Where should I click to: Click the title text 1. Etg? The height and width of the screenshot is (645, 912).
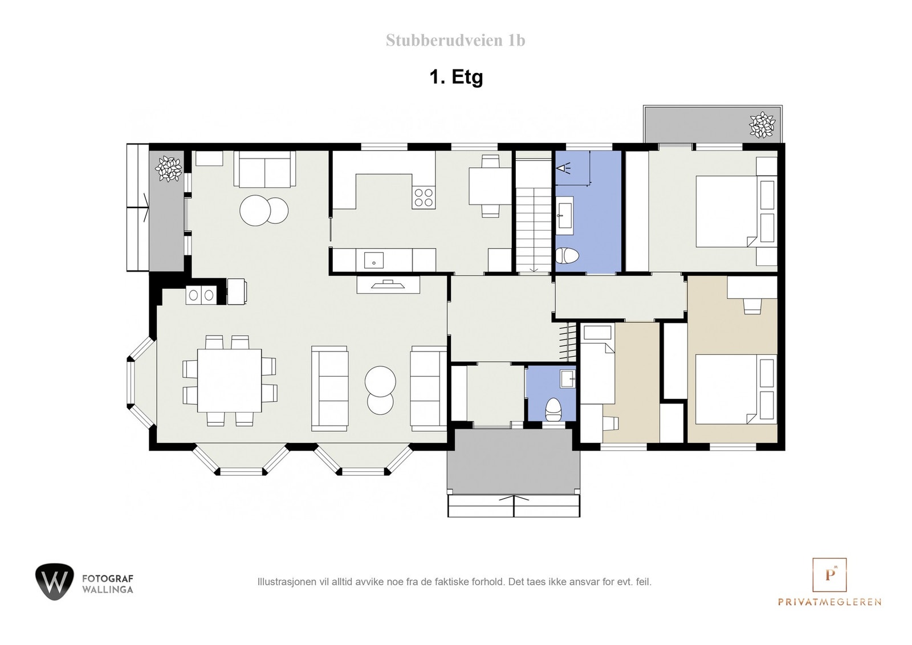[456, 76]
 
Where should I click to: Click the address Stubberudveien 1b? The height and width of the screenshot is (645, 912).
[455, 40]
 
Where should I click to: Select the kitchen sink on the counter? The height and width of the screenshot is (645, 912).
[374, 260]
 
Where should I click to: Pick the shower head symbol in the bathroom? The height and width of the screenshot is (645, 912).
[564, 168]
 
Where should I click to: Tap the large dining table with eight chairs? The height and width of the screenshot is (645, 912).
[229, 380]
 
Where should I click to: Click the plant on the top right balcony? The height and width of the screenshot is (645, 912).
[762, 125]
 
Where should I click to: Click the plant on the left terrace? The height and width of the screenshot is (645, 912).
[169, 169]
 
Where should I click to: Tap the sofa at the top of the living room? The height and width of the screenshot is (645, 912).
[264, 169]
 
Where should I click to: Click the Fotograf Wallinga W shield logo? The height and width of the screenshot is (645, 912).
[54, 581]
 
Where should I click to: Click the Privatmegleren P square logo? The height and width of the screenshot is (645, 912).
[829, 574]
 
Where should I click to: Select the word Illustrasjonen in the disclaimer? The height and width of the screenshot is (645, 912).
[282, 582]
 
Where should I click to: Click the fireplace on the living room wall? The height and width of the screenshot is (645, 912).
[388, 284]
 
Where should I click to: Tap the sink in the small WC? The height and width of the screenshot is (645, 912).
[567, 378]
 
